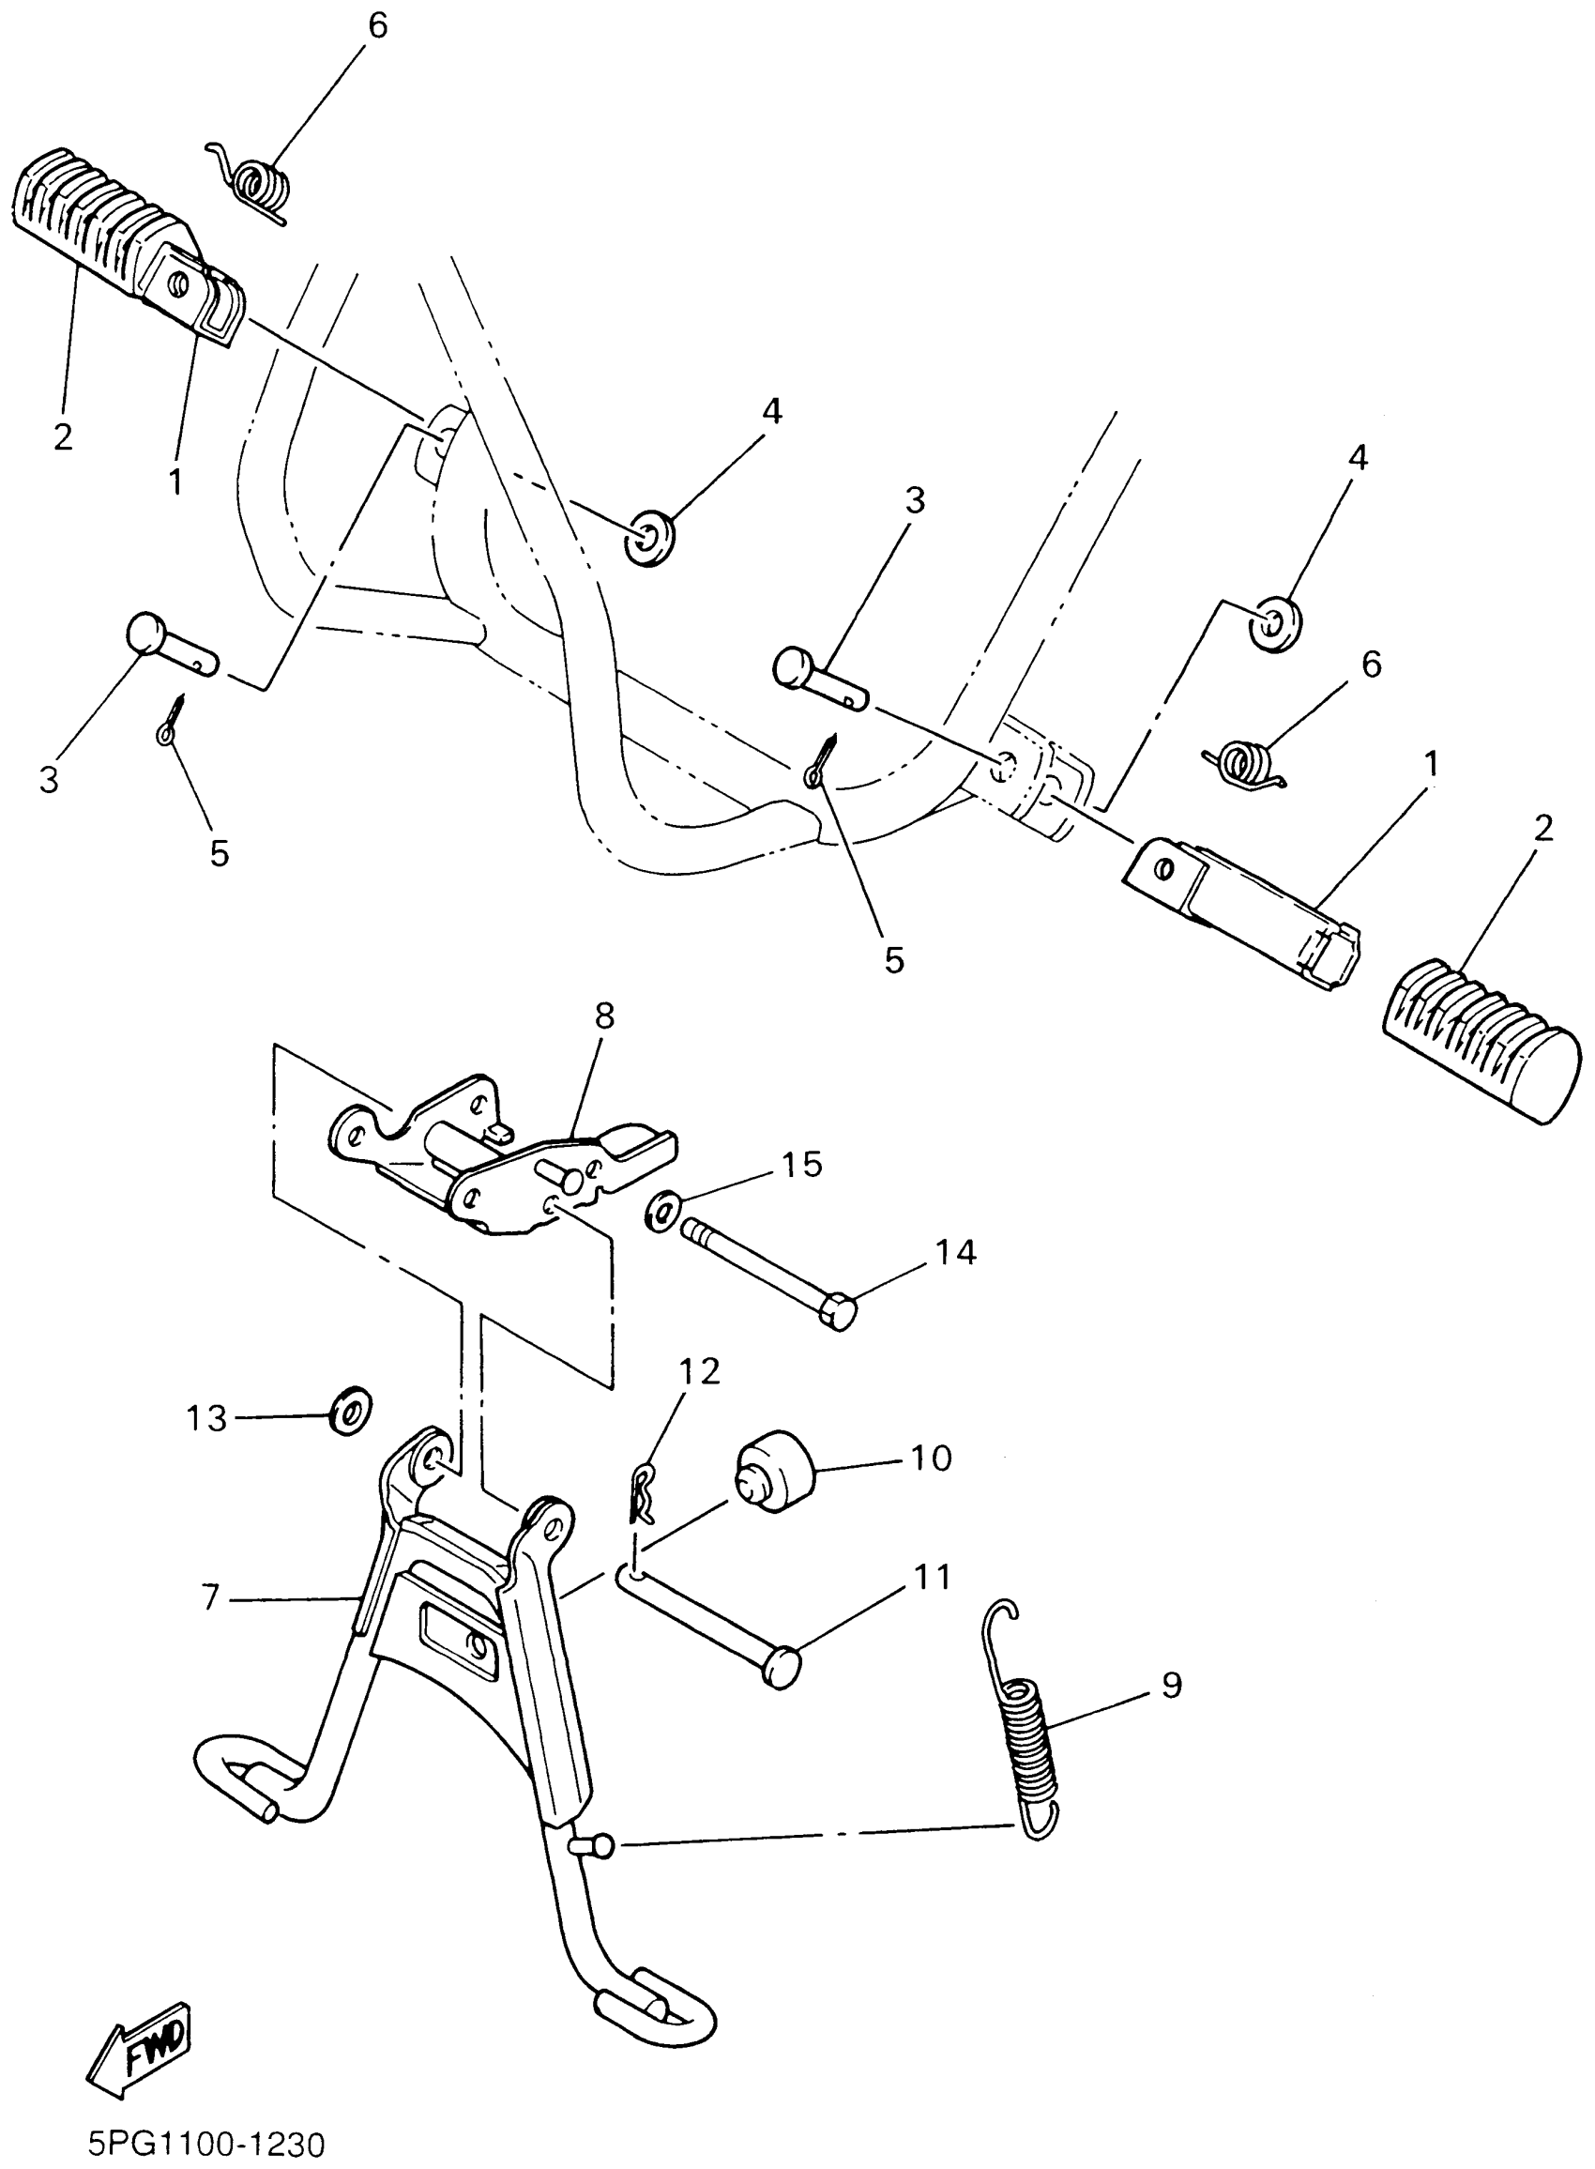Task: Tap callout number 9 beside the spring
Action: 1171,1686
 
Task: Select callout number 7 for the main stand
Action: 211,1597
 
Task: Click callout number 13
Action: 205,1419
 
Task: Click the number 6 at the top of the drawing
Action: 377,26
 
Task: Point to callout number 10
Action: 931,1458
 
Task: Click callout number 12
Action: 699,1371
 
